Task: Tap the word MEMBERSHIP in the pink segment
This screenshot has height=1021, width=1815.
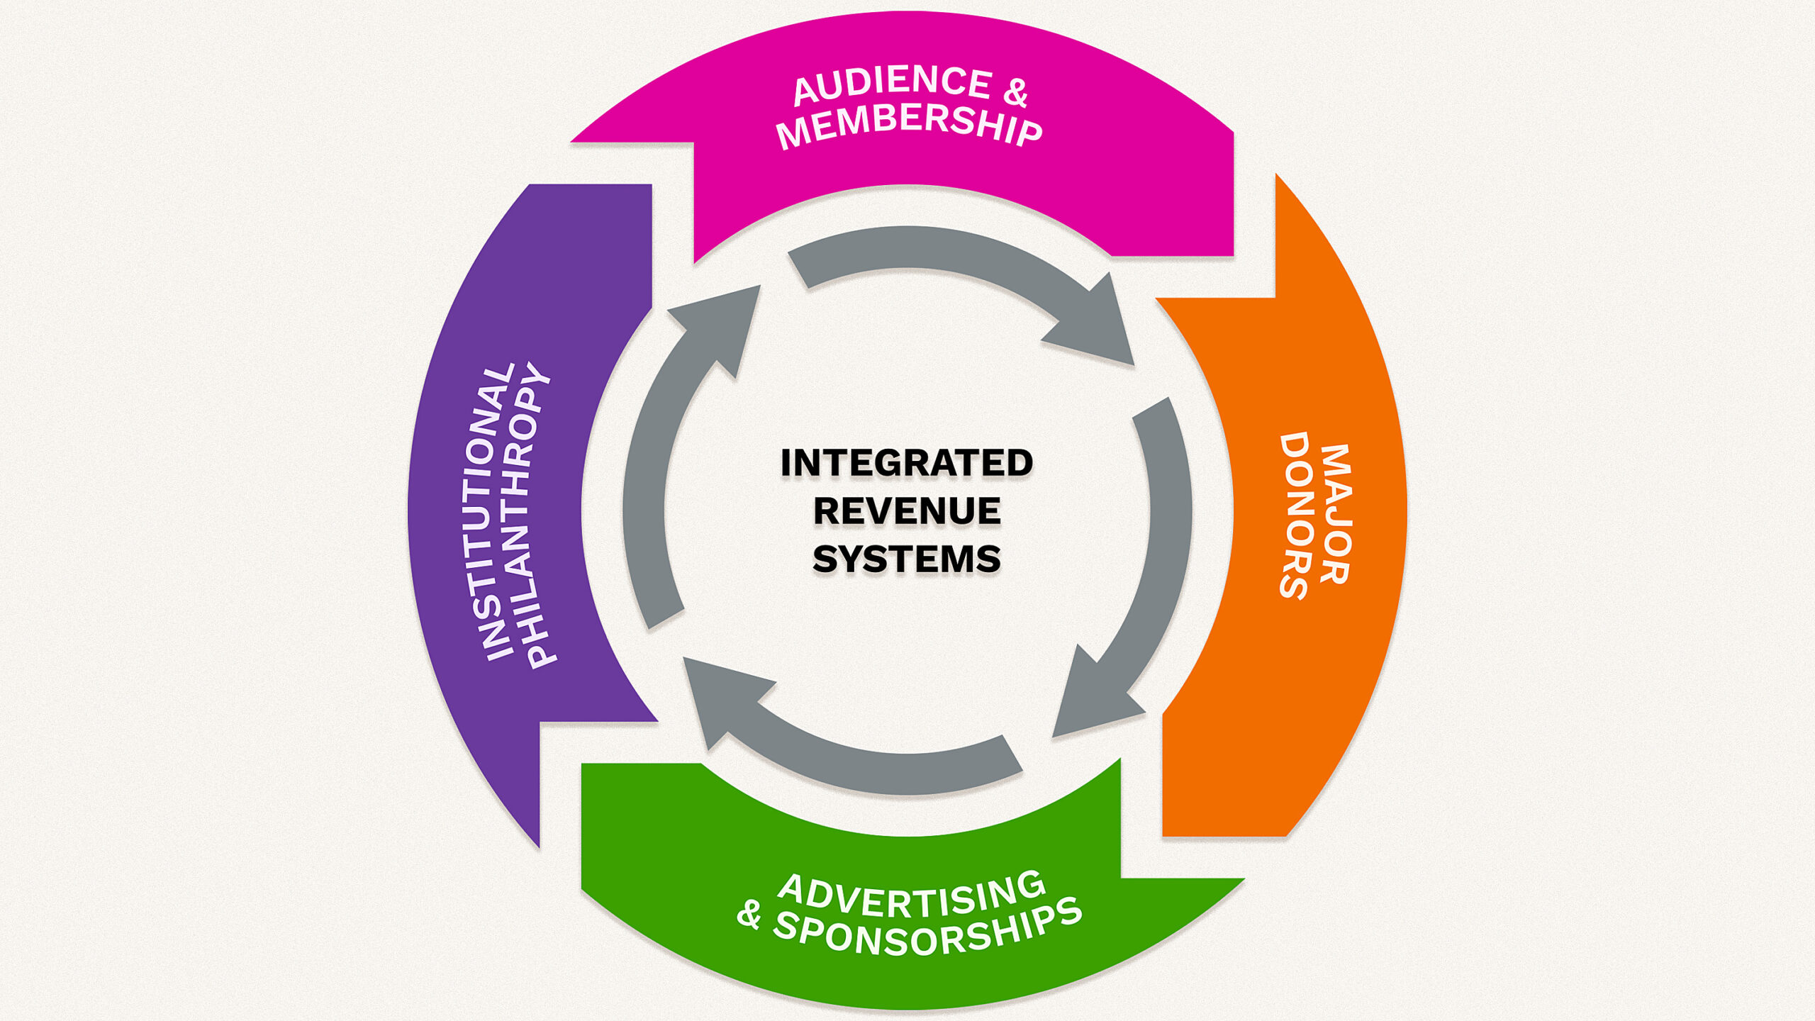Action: (909, 125)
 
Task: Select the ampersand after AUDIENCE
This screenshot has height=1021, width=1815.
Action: (1016, 92)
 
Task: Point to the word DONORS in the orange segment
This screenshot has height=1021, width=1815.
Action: (1295, 516)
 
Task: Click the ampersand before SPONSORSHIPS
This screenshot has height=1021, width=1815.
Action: (749, 915)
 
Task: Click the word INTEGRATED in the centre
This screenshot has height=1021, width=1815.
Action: (907, 463)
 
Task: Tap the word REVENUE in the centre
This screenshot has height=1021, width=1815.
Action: (907, 511)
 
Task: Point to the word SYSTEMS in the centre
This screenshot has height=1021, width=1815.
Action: (907, 559)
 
